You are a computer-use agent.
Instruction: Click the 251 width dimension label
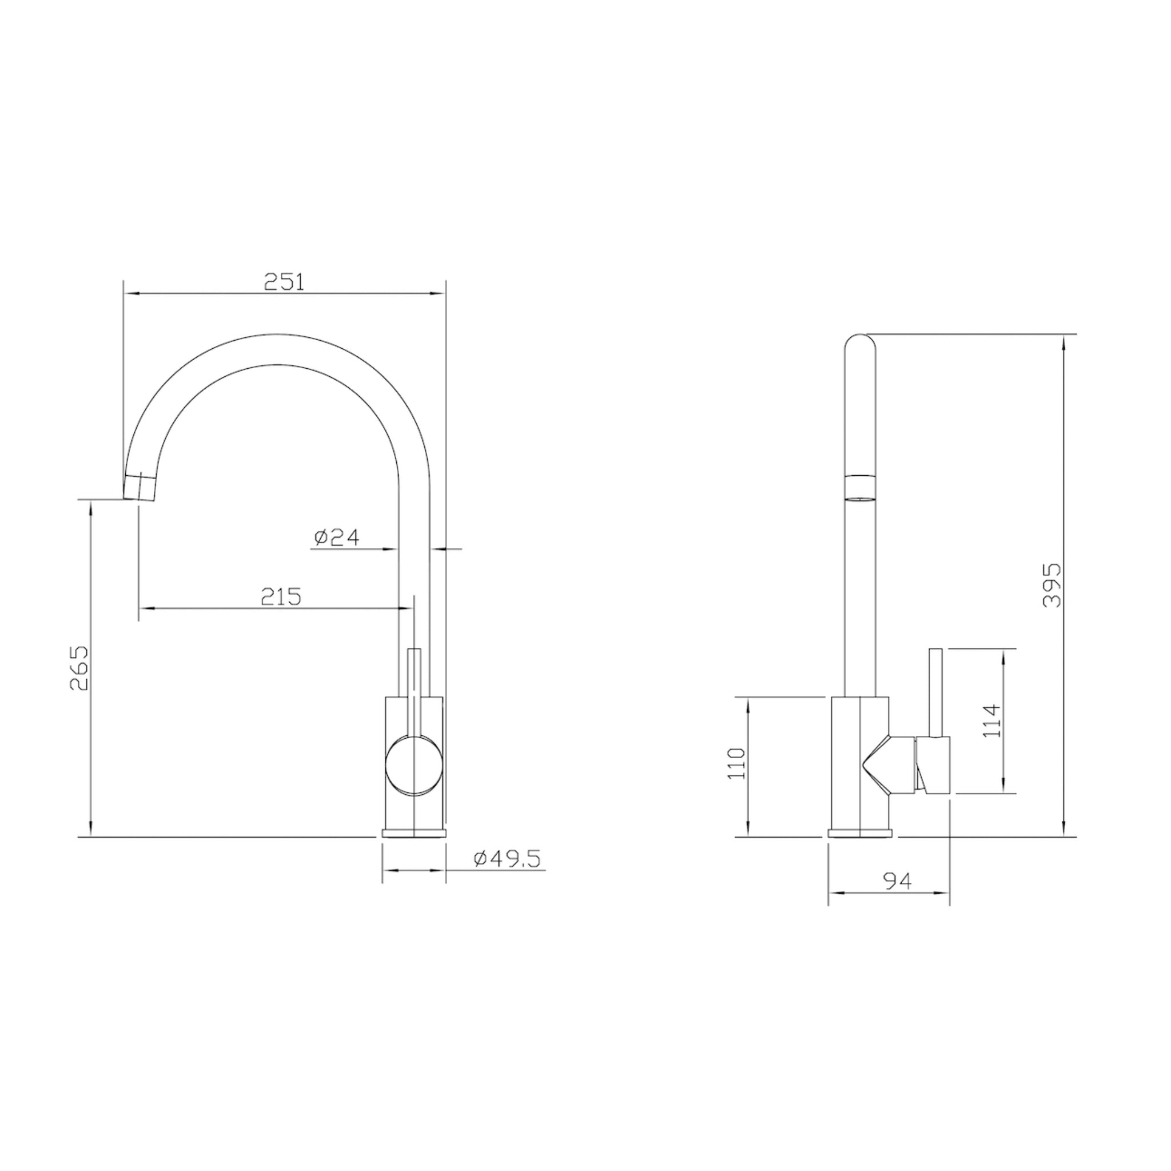(284, 282)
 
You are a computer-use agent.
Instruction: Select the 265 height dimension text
(79, 668)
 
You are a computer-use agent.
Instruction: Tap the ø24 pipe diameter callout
(337, 537)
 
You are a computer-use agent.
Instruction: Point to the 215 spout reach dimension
(281, 597)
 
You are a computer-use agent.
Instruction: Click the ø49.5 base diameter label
(507, 859)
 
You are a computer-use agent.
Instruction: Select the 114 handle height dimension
(992, 720)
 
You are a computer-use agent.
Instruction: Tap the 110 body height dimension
(738, 764)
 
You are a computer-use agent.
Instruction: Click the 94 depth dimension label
(898, 880)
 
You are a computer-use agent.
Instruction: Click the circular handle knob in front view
(414, 765)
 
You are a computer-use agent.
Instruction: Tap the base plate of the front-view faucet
(414, 833)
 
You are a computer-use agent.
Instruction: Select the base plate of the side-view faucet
(860, 833)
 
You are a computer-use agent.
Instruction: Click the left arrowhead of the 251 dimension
(129, 294)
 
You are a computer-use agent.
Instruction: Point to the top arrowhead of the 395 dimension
(1064, 341)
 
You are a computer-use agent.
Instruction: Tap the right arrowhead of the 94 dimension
(945, 893)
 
